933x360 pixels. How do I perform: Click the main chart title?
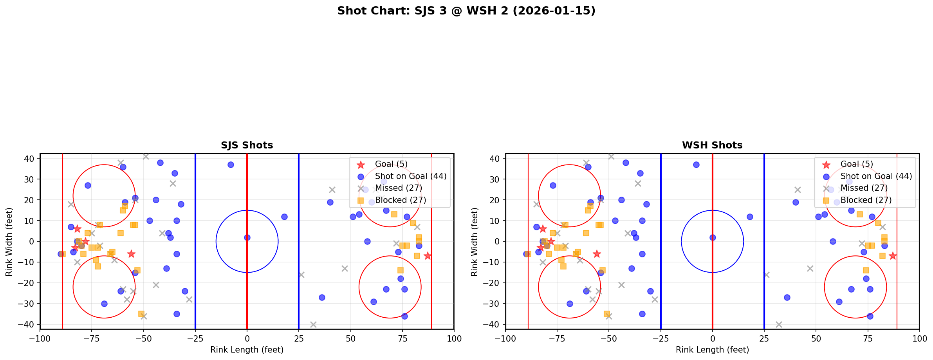[466, 11]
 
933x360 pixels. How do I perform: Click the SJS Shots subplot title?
[247, 145]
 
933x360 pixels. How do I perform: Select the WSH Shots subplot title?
[712, 145]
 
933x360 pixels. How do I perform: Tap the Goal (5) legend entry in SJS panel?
[391, 164]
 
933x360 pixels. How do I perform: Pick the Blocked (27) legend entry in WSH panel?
[868, 200]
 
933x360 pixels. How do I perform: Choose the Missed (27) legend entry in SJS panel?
[398, 188]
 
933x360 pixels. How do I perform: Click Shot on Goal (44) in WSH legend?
[876, 176]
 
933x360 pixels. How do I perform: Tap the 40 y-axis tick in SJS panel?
[30, 159]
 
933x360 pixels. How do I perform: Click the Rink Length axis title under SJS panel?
[247, 350]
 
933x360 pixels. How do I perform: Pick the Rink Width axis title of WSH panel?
[475, 242]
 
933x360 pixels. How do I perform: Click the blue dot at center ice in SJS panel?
[247, 237]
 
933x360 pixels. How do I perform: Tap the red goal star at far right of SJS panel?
[427, 256]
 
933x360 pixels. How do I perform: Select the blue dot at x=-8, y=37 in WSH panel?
[696, 165]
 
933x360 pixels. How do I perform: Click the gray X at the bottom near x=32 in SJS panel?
[313, 324]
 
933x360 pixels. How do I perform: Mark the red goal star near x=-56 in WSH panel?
[597, 254]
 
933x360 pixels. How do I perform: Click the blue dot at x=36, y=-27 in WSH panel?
[787, 297]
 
